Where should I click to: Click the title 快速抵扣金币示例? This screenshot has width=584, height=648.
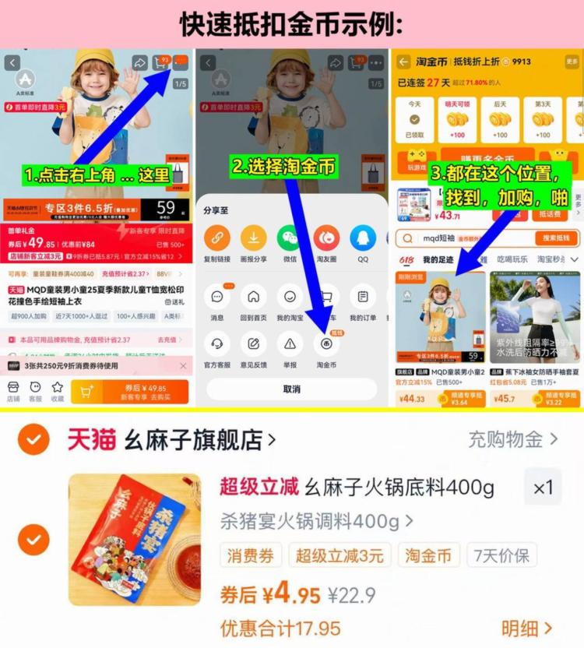[x=292, y=24]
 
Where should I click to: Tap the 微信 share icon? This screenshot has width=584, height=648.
[x=290, y=238]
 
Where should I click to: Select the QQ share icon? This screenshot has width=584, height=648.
[x=363, y=238]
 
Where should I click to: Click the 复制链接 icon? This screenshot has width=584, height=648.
[x=216, y=238]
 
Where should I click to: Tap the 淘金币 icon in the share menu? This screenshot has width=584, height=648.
[x=326, y=343]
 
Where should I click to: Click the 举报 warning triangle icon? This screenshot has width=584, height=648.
[x=290, y=343]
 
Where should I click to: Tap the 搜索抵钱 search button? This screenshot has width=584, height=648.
[x=556, y=238]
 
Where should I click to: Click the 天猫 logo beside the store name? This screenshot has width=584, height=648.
[x=91, y=440]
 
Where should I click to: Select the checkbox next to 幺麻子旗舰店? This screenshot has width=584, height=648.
[x=33, y=440]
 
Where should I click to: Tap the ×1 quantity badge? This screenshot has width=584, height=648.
[x=543, y=488]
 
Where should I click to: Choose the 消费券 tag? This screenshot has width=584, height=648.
[x=251, y=555]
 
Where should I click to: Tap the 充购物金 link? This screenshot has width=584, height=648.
[x=512, y=439]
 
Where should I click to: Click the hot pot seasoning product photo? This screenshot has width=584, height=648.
[x=134, y=539]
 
